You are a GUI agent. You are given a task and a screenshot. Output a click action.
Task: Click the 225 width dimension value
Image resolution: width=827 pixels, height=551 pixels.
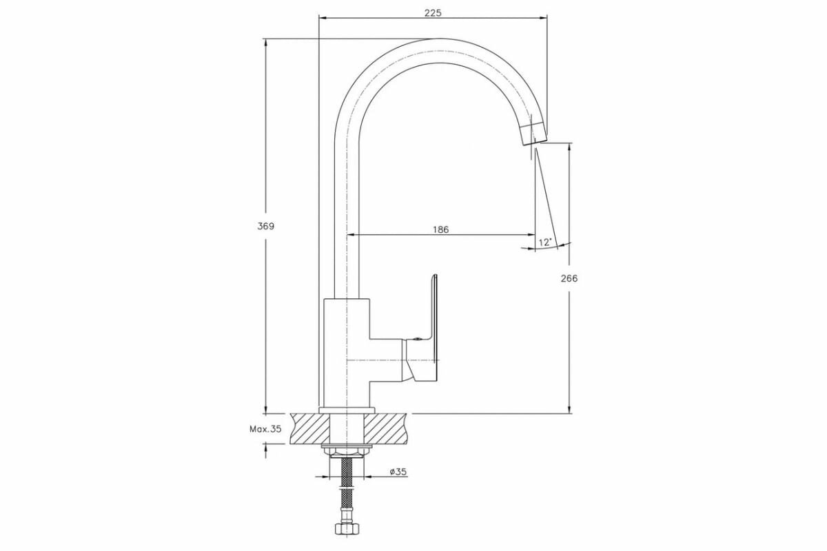[433, 12]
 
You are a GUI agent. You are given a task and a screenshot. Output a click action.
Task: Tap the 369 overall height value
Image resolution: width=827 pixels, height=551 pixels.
[266, 227]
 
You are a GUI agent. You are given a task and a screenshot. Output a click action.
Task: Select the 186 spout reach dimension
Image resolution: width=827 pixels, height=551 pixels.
[441, 229]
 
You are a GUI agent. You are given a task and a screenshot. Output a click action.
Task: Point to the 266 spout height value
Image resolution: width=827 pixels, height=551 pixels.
[569, 279]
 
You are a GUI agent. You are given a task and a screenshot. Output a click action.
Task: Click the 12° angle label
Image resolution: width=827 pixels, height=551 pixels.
[545, 242]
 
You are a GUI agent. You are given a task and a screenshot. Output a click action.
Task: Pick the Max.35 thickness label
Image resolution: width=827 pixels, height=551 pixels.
[265, 428]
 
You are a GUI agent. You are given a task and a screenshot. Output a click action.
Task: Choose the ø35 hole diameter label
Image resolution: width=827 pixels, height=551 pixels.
[398, 472]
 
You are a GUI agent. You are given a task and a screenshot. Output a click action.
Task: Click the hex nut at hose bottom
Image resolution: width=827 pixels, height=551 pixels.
[346, 530]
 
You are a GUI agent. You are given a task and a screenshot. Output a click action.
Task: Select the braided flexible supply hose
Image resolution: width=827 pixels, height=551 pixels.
[346, 492]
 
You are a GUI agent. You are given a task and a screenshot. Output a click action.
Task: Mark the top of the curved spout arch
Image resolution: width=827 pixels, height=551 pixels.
[441, 51]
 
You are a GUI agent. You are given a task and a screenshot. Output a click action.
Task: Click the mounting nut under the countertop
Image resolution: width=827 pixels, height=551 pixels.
[346, 451]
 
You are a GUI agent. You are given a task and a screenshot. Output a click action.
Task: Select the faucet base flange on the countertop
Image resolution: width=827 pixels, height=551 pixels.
[346, 410]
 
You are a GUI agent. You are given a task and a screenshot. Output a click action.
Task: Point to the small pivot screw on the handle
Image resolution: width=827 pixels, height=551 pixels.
[417, 339]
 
